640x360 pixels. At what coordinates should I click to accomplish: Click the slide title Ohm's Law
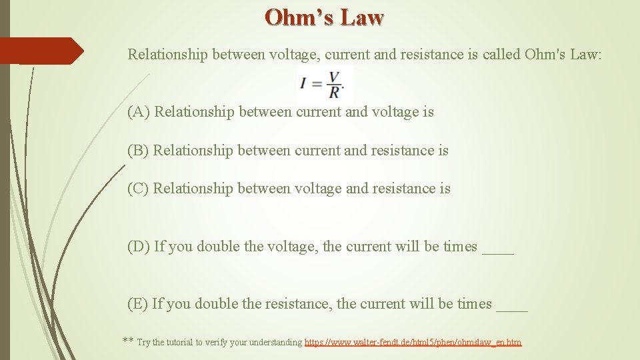pos(324,17)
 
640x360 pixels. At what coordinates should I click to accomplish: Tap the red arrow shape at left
pos(41,51)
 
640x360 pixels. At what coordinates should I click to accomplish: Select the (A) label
pos(139,112)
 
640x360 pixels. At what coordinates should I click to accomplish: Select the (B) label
pos(138,151)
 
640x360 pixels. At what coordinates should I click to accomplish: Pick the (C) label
pos(138,189)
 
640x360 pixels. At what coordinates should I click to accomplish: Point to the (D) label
pos(139,247)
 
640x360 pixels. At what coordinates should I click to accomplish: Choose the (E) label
pos(137,304)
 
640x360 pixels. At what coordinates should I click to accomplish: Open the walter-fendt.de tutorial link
pos(413,343)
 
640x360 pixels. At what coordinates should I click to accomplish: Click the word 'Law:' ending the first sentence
pos(586,54)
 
